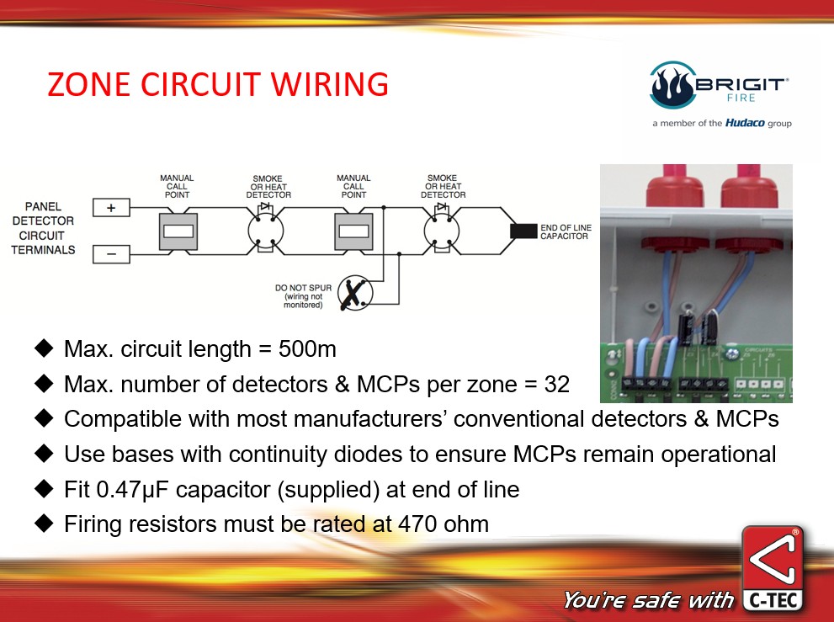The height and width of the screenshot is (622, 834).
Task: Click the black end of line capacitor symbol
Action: tap(523, 231)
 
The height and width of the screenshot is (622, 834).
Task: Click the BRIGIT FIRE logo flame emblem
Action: tap(670, 85)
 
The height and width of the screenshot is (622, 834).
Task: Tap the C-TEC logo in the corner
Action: tap(773, 570)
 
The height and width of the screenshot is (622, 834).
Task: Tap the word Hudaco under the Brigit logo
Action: tap(744, 123)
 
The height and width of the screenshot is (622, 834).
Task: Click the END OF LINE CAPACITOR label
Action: tap(564, 231)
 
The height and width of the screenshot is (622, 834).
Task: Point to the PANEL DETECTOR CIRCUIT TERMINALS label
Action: tap(43, 228)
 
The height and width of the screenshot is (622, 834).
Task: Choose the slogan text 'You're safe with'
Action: tap(649, 600)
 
